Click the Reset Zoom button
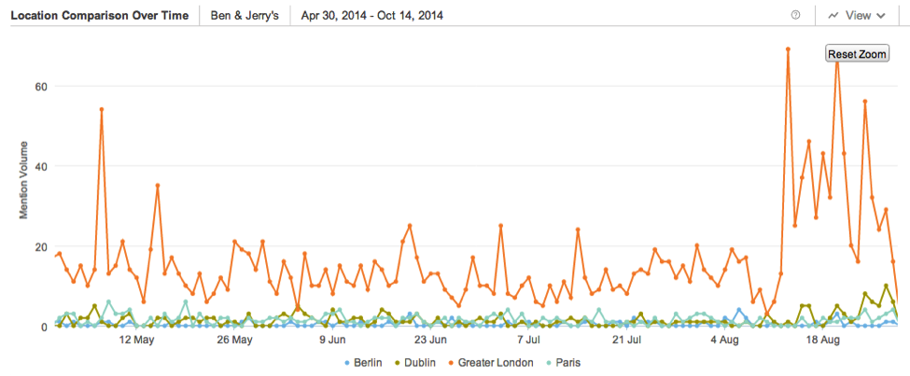(857, 54)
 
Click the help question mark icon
(796, 15)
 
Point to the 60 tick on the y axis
(41, 86)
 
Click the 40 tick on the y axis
(41, 166)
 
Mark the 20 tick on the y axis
(41, 246)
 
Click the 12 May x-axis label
(136, 340)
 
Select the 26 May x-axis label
(234, 340)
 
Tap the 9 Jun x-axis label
(332, 340)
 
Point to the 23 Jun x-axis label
(430, 340)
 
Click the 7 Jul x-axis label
(528, 340)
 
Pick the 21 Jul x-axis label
(626, 340)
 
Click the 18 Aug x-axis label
(821, 340)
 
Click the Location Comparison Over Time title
(99, 16)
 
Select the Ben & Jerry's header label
(244, 16)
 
